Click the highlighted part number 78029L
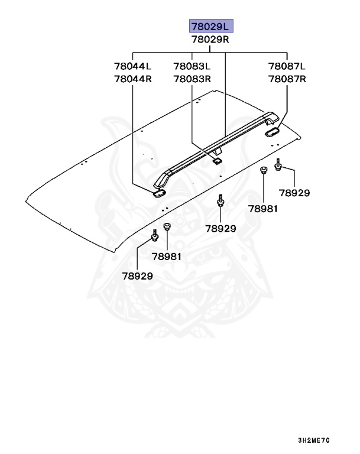point(211,26)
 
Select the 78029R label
point(211,40)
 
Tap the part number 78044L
point(133,66)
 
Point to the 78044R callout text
point(133,79)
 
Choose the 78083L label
point(192,66)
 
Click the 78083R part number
point(192,79)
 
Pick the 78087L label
point(287,66)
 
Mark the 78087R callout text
point(287,79)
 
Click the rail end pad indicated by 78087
point(273,131)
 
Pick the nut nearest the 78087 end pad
point(264,171)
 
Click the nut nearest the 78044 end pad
point(167,226)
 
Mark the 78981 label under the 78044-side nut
point(167,256)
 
